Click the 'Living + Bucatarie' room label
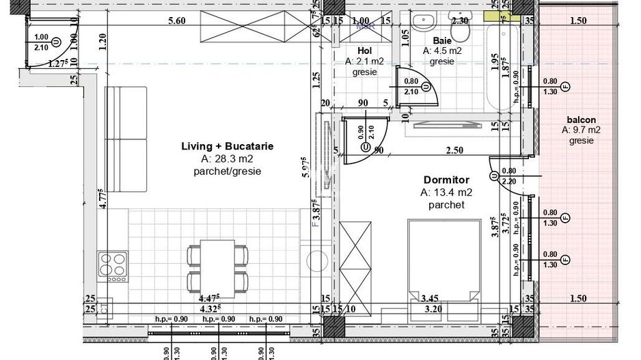(228, 146)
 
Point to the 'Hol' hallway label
(364, 50)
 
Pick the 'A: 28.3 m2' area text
(228, 159)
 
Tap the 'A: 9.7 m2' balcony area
(581, 130)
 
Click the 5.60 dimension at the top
(177, 20)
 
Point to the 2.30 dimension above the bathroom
(460, 20)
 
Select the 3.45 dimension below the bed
(429, 298)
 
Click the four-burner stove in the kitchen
(113, 266)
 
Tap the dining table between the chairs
(217, 266)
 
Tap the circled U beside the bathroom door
(424, 86)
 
